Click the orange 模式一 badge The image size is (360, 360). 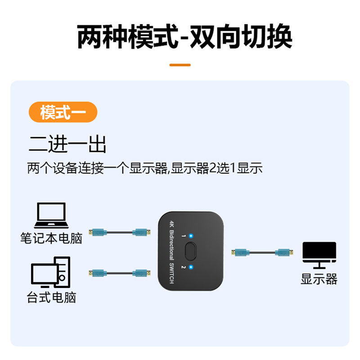click(x=63, y=112)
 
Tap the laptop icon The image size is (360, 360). click(x=51, y=216)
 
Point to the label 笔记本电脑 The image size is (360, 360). click(x=51, y=238)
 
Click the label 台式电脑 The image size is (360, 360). click(x=51, y=297)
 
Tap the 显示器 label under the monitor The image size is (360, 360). click(x=319, y=279)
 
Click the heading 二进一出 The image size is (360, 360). click(x=67, y=145)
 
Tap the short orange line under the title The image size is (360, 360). click(x=180, y=65)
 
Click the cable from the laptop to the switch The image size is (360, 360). click(x=119, y=232)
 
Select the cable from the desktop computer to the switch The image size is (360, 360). click(x=119, y=273)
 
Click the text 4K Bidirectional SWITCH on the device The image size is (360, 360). click(x=171, y=252)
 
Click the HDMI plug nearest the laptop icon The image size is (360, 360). click(x=97, y=232)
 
